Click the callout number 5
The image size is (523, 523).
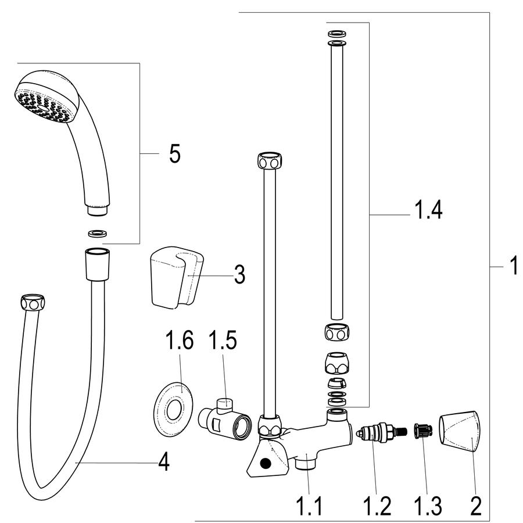tap(175, 154)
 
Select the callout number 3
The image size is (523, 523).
tap(239, 274)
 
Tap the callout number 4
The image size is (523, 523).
tap(163, 463)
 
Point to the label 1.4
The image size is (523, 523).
tap(428, 210)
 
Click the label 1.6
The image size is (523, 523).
tap(180, 340)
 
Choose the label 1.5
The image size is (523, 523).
tap(223, 340)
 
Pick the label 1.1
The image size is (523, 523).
tap(309, 506)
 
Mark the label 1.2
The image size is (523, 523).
tap(377, 506)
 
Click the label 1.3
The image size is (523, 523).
tap(428, 506)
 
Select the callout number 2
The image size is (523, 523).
tap(475, 506)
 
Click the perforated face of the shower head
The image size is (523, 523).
tap(42, 105)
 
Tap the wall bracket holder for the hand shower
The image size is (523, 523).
tap(177, 275)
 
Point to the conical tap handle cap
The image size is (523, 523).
tap(460, 431)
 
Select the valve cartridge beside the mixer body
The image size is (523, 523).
tap(382, 432)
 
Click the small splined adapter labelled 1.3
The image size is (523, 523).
tap(423, 431)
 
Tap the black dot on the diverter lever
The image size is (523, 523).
tap(266, 463)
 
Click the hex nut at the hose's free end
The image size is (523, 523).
tap(33, 303)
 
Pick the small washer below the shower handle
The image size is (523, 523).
tap(98, 233)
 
